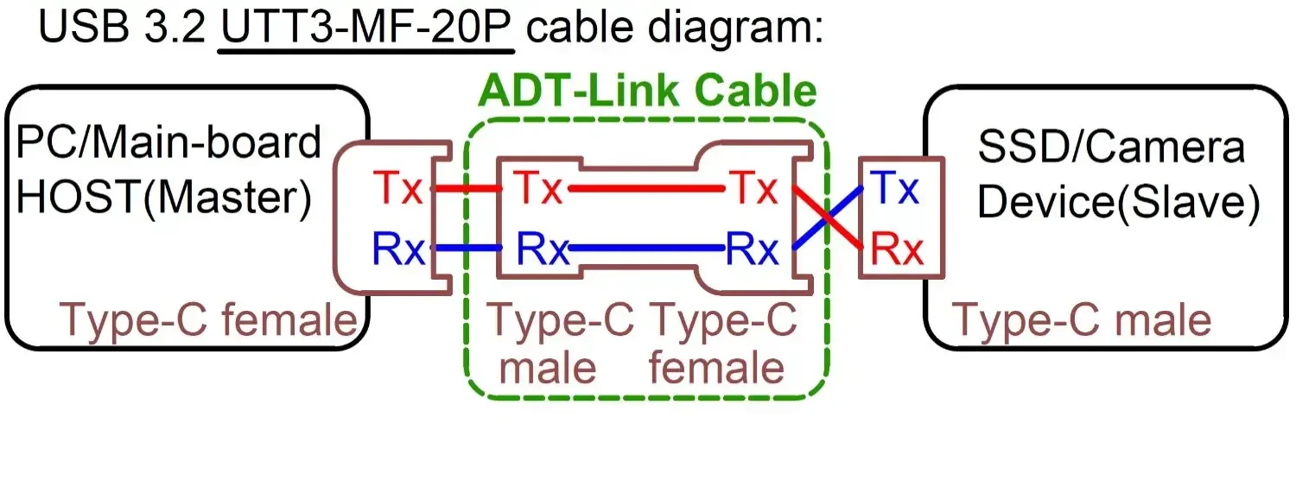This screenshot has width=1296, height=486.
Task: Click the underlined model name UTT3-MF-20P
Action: point(367,28)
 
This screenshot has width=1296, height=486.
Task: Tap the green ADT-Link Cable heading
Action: point(647,91)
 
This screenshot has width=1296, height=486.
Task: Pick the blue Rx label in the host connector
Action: point(398,249)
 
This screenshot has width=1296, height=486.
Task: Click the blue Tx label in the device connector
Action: point(895,188)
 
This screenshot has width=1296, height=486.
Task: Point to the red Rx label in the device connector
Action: point(897,249)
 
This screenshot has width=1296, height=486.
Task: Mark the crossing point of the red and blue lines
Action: point(828,218)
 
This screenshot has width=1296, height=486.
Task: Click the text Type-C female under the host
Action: point(208,321)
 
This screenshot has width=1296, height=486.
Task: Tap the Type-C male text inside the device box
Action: point(1081,321)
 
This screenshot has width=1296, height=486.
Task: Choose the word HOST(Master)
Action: point(164,199)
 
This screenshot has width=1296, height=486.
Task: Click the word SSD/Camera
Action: point(1111,147)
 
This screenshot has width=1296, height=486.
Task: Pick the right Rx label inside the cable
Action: point(753,249)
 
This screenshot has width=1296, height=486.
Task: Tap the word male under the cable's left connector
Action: point(549,369)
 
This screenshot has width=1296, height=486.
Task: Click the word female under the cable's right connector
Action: point(717,369)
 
